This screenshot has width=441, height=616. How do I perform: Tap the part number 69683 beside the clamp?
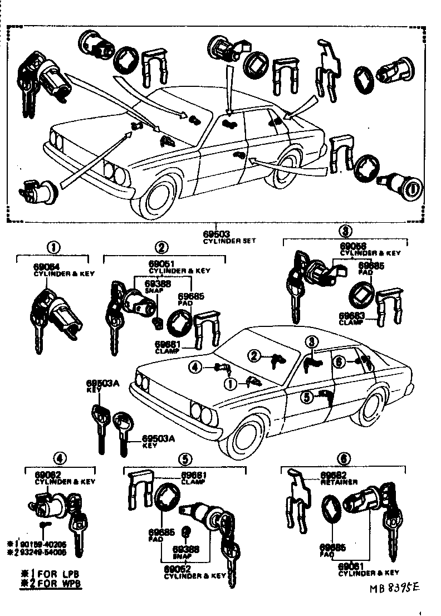pyautogui.click(x=351, y=316)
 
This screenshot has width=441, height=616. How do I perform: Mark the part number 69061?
pyautogui.click(x=352, y=565)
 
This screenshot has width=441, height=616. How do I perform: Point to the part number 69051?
pyautogui.click(x=161, y=263)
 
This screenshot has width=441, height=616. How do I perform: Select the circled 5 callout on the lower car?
pyautogui.click(x=306, y=397)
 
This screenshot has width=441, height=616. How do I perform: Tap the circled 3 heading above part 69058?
pyautogui.click(x=345, y=231)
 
